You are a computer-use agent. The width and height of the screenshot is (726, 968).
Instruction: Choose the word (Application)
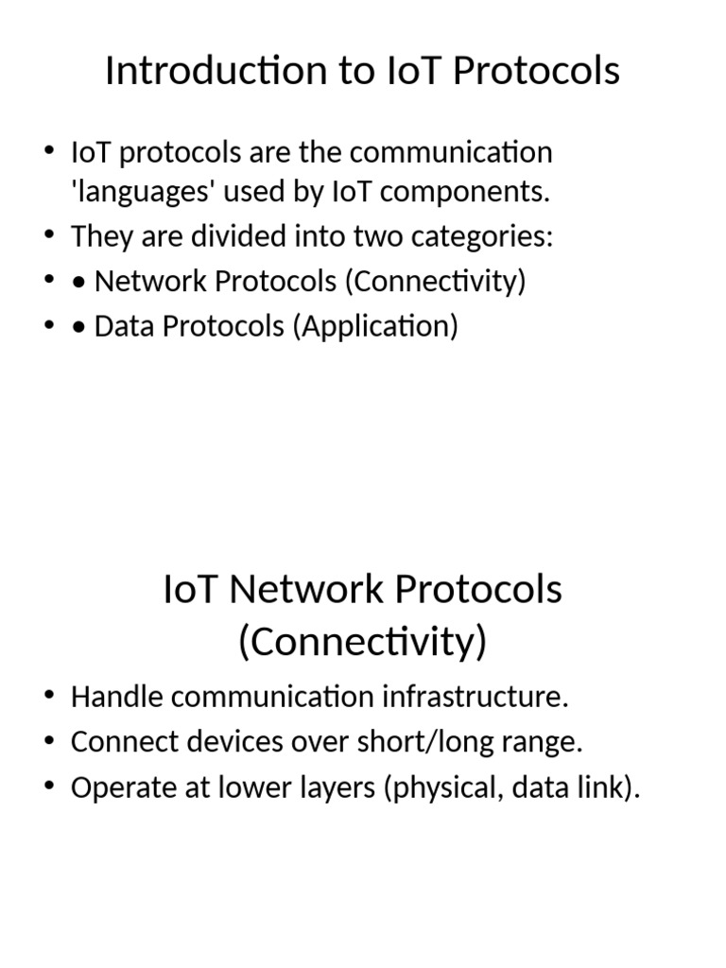(375, 326)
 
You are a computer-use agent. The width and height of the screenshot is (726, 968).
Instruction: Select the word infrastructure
(475, 698)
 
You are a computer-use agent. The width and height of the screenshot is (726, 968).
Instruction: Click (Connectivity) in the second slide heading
(362, 642)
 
